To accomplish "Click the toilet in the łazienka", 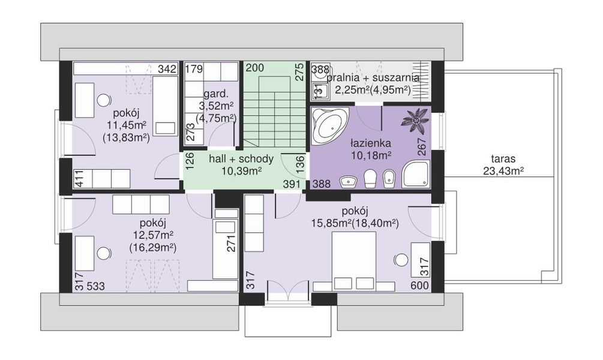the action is point(370,178).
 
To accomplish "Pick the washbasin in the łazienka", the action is point(349,181).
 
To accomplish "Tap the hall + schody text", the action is point(242,159).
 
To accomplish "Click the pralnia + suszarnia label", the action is point(373,77).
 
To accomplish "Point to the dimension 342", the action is point(167,69).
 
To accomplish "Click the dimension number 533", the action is point(96,286).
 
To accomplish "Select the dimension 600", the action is point(419,286).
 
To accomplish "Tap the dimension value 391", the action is point(292,184).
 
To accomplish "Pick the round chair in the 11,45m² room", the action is point(104,100).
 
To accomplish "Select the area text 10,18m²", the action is point(371,155).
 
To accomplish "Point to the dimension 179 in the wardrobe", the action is point(194,69).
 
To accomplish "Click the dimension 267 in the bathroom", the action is point(422,146).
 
